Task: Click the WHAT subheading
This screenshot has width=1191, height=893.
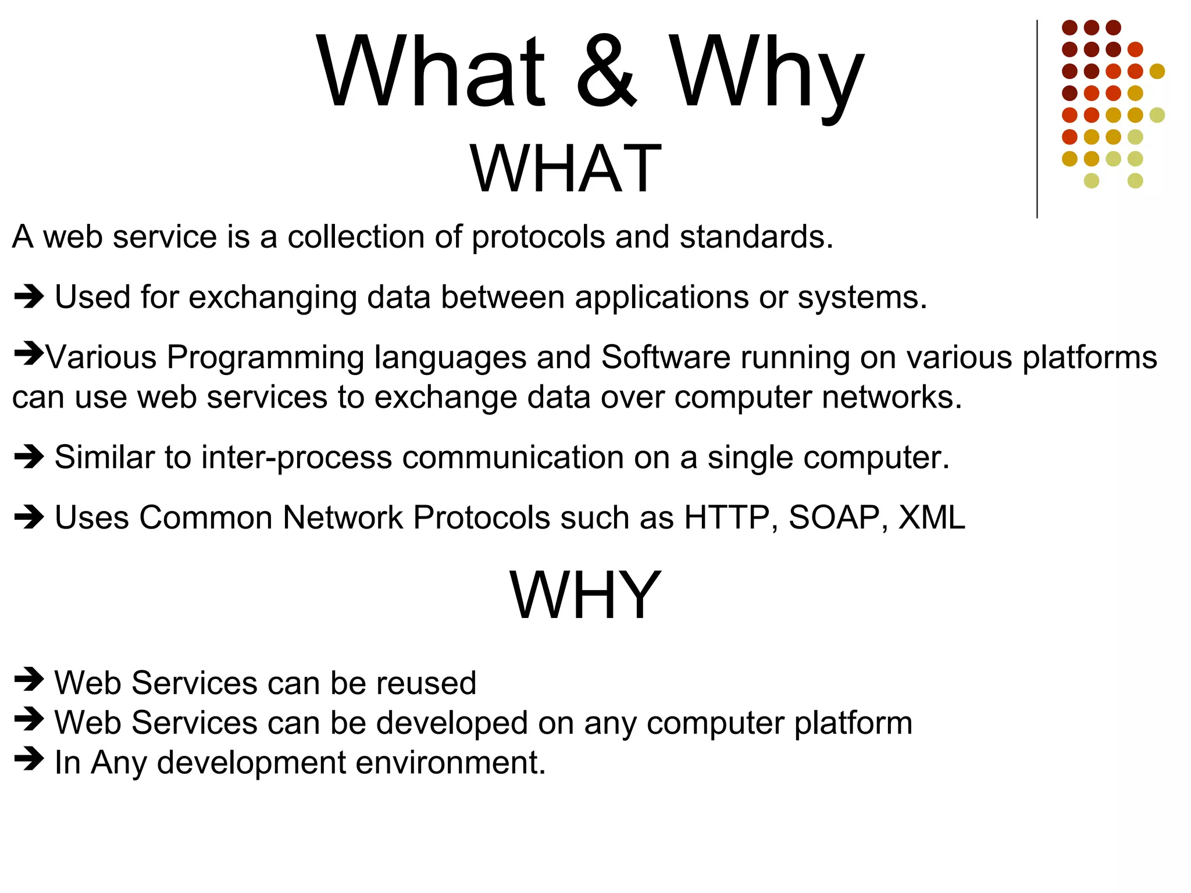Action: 566,169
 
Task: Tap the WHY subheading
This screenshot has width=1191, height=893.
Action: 585,595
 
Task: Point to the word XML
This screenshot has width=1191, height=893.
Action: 932,517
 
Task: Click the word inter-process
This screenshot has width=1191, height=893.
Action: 296,458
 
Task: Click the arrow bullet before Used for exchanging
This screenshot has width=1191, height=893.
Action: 29,297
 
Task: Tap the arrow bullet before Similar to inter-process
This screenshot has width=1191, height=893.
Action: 29,456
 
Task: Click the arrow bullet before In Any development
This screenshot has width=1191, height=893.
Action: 29,759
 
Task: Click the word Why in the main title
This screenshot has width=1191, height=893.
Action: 766,73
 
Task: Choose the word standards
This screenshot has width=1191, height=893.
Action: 756,237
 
